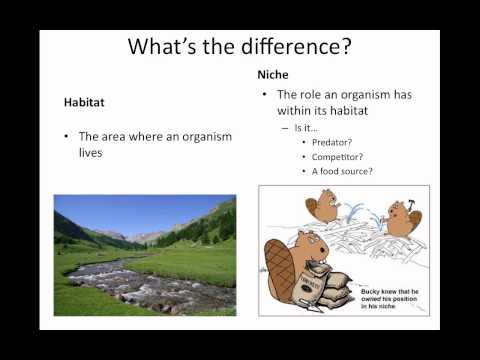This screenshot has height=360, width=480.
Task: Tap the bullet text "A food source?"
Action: (343, 171)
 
